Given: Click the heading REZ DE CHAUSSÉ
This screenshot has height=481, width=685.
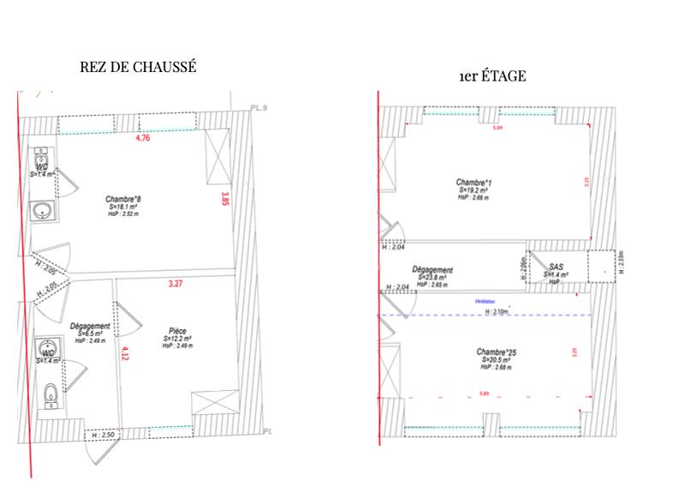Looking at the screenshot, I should pyautogui.click(x=138, y=69).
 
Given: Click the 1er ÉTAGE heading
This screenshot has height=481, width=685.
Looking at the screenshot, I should pyautogui.click(x=492, y=76).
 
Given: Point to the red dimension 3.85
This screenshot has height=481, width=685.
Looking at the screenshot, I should pyautogui.click(x=225, y=200).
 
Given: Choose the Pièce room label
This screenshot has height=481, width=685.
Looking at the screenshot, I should pyautogui.click(x=179, y=329).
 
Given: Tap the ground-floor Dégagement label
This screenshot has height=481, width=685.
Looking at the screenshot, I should pyautogui.click(x=89, y=326).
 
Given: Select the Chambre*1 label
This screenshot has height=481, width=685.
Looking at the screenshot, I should pyautogui.click(x=474, y=183).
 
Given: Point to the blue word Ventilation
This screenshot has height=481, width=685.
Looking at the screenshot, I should pyautogui.click(x=485, y=302).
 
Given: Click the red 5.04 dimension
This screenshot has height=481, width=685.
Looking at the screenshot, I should pyautogui.click(x=497, y=128).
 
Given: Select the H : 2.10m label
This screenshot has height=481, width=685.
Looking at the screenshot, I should pyautogui.click(x=497, y=311).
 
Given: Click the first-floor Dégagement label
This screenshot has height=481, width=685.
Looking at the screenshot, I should pyautogui.click(x=432, y=269).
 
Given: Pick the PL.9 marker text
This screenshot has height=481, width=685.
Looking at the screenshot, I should pyautogui.click(x=259, y=107).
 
